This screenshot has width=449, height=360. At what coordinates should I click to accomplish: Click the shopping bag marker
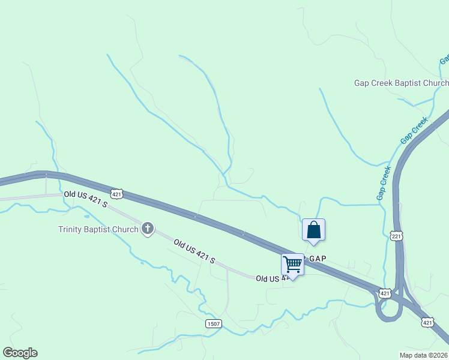tap(313, 230)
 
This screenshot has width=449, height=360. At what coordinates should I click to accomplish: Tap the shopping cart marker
tap(292, 263)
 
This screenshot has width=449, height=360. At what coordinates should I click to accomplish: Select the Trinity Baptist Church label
tap(98, 229)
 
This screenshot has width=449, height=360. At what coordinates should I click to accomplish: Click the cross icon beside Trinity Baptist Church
tap(148, 229)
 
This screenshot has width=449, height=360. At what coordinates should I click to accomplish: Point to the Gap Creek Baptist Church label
tap(401, 83)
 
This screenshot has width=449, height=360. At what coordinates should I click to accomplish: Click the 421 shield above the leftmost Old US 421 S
tap(117, 193)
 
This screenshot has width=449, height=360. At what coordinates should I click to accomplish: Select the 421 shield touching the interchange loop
tap(385, 293)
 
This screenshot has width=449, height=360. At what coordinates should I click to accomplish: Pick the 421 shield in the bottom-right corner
tap(427, 322)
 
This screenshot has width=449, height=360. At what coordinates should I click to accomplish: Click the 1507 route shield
tap(213, 323)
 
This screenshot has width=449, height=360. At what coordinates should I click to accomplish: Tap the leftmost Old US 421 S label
tap(85, 199)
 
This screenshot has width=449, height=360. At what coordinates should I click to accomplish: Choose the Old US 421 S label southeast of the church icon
tap(194, 251)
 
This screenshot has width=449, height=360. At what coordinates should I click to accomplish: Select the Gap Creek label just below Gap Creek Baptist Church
tap(414, 130)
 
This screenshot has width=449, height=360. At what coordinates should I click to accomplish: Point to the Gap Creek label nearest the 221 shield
tap(384, 183)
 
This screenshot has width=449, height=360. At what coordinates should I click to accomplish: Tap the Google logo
tap(20, 353)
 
